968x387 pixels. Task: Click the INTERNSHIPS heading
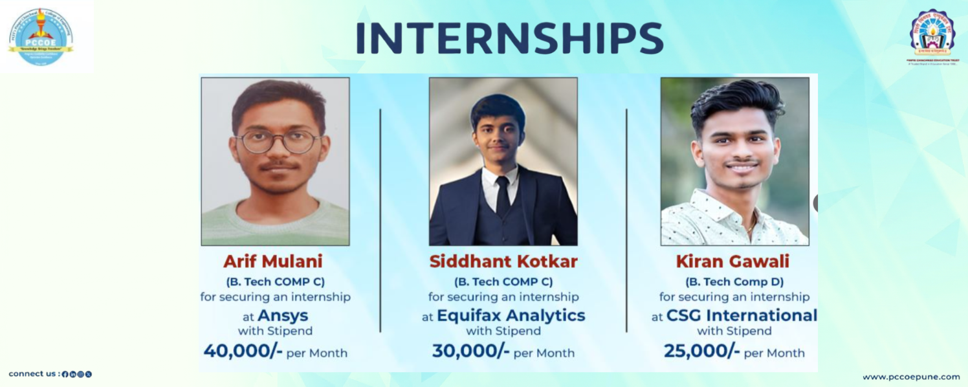[509, 39]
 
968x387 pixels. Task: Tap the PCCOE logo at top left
[40, 36]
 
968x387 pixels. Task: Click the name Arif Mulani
[272, 261]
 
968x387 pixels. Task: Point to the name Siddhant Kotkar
[503, 261]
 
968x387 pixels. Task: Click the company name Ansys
[283, 316]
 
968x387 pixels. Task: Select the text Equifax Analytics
[511, 316]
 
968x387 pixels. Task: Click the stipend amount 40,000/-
[243, 351]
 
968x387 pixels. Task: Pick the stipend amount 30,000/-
[471, 351]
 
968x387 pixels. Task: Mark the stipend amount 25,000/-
[702, 351]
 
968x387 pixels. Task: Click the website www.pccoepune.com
[910, 377]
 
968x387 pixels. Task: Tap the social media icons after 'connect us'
[77, 374]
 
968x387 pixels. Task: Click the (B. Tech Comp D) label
[734, 282]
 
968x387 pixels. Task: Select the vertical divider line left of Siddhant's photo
[380, 220]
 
